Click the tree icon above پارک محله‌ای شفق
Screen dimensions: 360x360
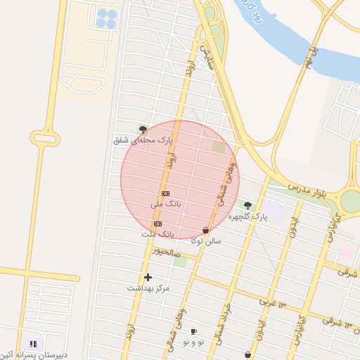(143, 129)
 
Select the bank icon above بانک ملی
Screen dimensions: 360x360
(166, 193)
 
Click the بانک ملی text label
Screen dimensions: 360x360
(166, 204)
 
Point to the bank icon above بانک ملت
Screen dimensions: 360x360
(157, 224)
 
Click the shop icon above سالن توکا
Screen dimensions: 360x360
(205, 231)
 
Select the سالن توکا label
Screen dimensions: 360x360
(206, 240)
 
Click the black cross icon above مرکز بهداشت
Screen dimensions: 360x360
(148, 277)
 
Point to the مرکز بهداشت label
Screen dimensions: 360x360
(148, 288)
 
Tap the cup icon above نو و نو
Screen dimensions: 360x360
(193, 331)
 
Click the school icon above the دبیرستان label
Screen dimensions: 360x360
(33, 344)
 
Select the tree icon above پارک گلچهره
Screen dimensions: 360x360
(247, 205)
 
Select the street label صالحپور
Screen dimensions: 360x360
(167, 254)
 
